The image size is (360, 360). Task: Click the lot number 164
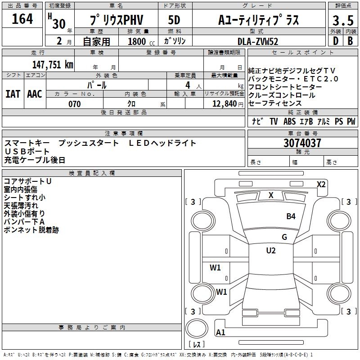tap(22, 19)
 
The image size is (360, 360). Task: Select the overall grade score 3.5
tap(342, 21)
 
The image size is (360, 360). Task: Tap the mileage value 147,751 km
tap(53, 64)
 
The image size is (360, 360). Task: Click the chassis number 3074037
tap(302, 143)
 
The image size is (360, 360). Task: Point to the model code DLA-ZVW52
tap(258, 41)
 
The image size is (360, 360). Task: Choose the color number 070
tap(74, 104)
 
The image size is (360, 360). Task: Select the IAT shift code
tap(13, 94)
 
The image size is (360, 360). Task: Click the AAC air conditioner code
tap(35, 94)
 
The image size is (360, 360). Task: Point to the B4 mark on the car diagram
tap(291, 216)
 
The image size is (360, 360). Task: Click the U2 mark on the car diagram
tap(271, 251)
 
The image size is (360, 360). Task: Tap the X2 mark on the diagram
tap(321, 184)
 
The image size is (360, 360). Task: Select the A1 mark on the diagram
tap(220, 333)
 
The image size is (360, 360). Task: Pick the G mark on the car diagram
tap(284, 237)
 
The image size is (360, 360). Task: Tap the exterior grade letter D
tap(335, 41)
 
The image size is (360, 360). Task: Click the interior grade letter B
tap(350, 41)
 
